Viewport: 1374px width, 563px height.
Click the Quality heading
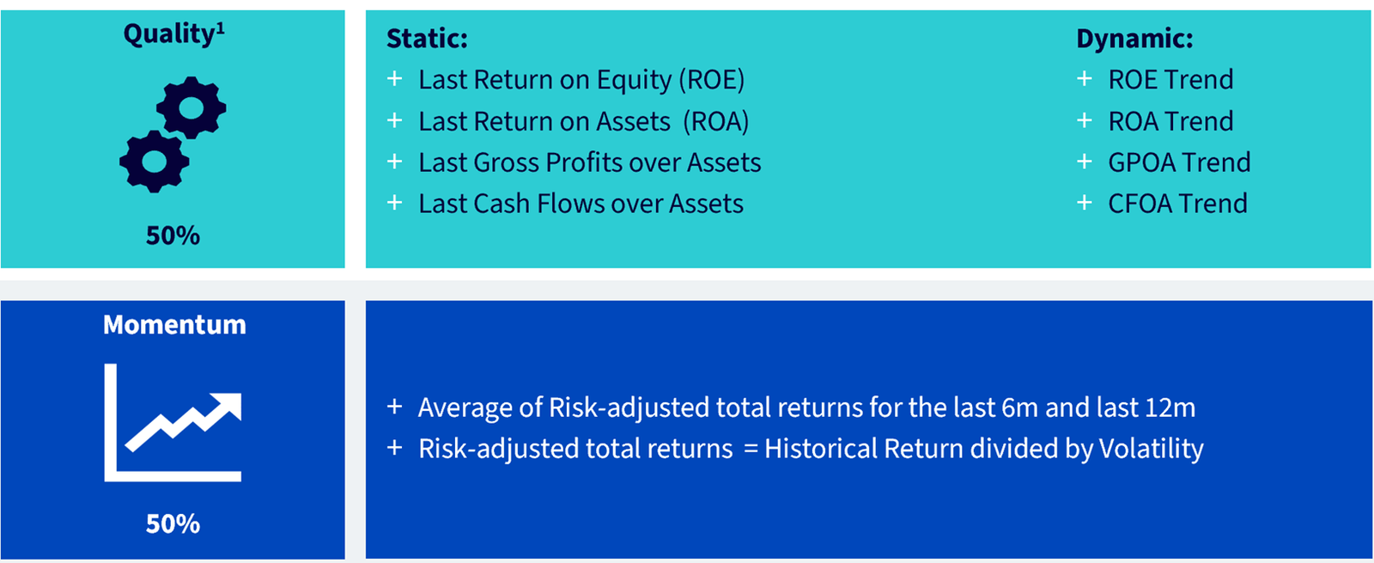pyautogui.click(x=174, y=34)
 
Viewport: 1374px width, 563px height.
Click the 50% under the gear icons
pyautogui.click(x=173, y=236)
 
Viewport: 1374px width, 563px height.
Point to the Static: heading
pyautogui.click(x=427, y=39)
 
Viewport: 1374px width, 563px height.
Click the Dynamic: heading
pyautogui.click(x=1134, y=39)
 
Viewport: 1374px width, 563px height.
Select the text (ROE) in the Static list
pyautogui.click(x=712, y=80)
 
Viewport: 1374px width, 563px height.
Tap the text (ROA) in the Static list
pyautogui.click(x=716, y=121)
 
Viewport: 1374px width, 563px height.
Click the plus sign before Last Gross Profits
pyautogui.click(x=395, y=162)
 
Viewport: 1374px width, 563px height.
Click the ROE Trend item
pyautogui.click(x=1170, y=80)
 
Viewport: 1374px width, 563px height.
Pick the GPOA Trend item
pyautogui.click(x=1179, y=162)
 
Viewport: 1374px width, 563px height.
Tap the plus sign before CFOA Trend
pyautogui.click(x=1085, y=203)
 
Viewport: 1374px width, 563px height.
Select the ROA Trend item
pyautogui.click(x=1170, y=121)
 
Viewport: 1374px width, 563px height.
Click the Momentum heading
pyautogui.click(x=174, y=325)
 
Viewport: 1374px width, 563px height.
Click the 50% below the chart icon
pyautogui.click(x=173, y=524)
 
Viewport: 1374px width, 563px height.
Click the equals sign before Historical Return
pyautogui.click(x=751, y=450)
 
